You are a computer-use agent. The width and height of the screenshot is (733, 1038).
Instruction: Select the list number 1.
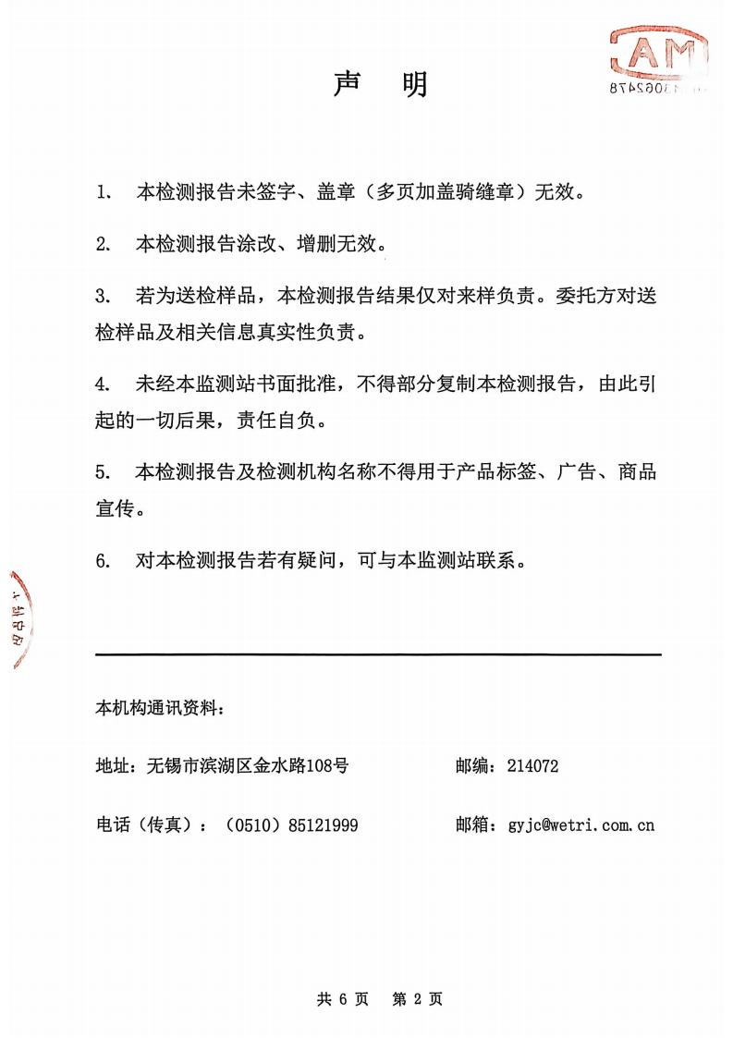click(x=102, y=193)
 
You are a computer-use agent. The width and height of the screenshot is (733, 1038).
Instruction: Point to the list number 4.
click(x=102, y=385)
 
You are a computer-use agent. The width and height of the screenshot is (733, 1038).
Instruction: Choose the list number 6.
click(x=102, y=561)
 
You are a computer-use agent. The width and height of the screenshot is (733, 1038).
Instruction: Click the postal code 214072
click(x=532, y=765)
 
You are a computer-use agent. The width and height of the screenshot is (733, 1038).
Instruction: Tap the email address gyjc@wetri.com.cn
click(x=580, y=824)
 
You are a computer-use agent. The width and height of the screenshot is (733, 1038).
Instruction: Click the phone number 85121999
click(x=324, y=824)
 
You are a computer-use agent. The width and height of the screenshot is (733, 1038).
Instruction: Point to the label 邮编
click(x=472, y=765)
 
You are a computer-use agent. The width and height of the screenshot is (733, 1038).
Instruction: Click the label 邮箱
click(x=472, y=824)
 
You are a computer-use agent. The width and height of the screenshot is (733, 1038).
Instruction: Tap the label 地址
click(x=114, y=765)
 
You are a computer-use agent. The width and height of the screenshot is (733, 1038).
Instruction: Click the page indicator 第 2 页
click(x=418, y=998)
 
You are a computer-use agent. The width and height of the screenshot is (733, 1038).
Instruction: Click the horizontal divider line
click(x=378, y=654)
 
